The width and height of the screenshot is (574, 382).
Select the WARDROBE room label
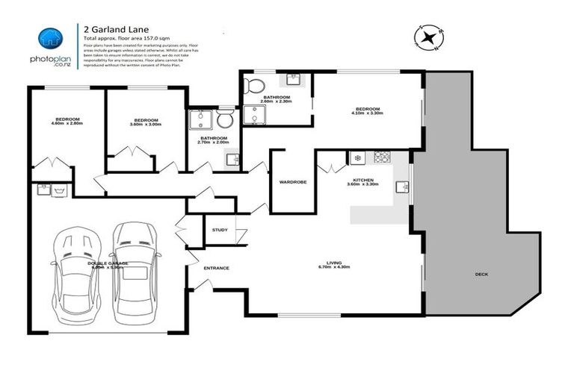(289, 181)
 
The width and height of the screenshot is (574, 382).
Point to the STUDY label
(220, 230)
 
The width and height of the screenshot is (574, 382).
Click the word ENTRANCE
(215, 268)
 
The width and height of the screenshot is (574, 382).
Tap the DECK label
(481, 274)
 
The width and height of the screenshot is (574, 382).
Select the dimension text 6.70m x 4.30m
(334, 266)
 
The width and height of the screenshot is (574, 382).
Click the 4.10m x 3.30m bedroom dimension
(368, 113)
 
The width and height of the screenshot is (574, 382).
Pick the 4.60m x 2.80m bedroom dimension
(67, 124)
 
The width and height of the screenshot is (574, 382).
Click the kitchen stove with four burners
(382, 157)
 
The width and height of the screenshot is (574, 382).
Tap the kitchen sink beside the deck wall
(402, 187)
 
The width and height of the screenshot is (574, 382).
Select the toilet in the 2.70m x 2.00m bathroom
(225, 119)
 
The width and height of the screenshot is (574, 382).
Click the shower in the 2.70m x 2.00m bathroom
(200, 119)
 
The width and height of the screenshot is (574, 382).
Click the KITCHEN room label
(363, 180)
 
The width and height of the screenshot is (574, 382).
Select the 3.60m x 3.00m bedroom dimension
(146, 124)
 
